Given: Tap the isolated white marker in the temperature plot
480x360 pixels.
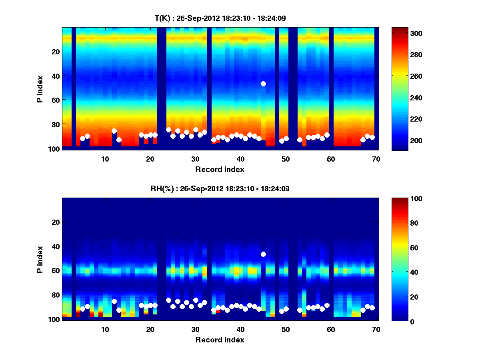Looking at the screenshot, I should pyautogui.click(x=263, y=84).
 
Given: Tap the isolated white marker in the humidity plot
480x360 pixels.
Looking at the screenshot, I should pyautogui.click(x=263, y=254).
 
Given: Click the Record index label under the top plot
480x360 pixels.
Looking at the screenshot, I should pyautogui.click(x=220, y=169).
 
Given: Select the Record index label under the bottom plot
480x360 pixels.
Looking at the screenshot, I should pyautogui.click(x=220, y=340).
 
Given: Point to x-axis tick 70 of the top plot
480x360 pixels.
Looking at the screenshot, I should pyautogui.click(x=376, y=158).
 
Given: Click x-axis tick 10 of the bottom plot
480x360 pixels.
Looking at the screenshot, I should pyautogui.click(x=105, y=329).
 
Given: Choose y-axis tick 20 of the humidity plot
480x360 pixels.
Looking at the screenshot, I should pyautogui.click(x=55, y=222).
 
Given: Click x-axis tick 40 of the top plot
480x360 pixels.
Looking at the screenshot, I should pyautogui.click(x=240, y=158).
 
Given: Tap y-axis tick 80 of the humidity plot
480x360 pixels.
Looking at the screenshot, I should pyautogui.click(x=55, y=295).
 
